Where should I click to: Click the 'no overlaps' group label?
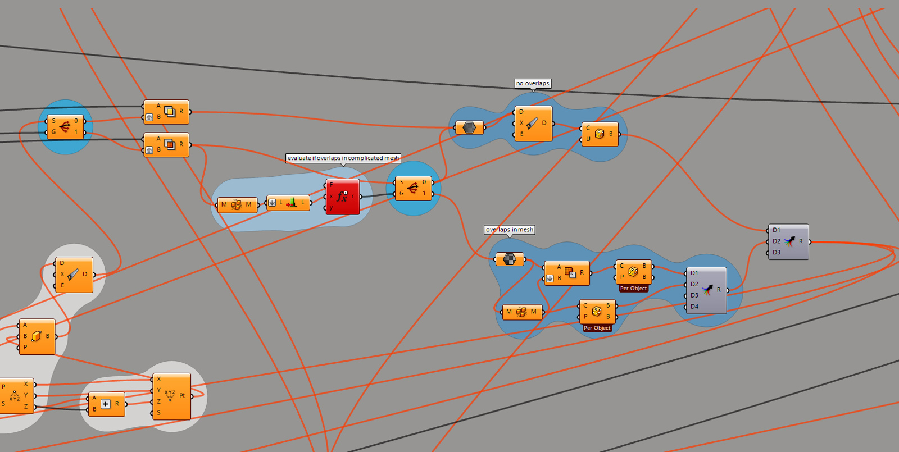point(533,84)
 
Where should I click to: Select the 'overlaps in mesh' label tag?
point(510,230)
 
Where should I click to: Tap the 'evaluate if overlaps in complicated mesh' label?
point(343,158)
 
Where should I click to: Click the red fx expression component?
point(343,197)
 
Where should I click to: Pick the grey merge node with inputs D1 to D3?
point(788,241)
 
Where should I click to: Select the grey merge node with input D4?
point(706,290)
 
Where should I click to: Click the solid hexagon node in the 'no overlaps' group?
point(469,128)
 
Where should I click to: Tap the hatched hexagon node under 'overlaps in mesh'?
point(510,259)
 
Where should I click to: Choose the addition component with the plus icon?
point(106,404)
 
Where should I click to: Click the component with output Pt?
point(171,396)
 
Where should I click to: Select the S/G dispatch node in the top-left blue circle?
point(65,127)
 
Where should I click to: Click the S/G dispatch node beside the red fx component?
point(413,188)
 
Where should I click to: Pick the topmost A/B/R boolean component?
point(166,112)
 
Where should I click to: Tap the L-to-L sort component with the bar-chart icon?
point(288,203)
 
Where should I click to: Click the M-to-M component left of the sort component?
point(237,204)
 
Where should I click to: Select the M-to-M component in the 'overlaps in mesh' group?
point(522,312)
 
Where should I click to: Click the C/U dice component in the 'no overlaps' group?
point(600,134)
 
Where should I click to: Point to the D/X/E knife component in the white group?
point(74,275)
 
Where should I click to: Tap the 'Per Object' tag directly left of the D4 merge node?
point(633,289)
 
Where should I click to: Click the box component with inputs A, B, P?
point(37,336)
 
